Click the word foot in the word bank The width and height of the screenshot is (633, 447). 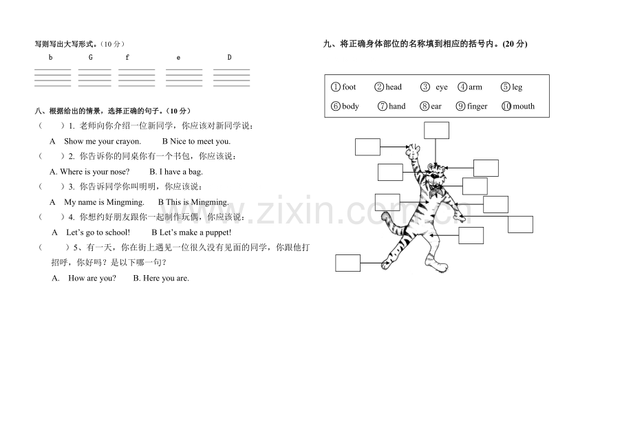coord(349,87)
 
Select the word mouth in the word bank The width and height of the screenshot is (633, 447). coord(524,106)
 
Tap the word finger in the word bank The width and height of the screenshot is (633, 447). coord(478,107)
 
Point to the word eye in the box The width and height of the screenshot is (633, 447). coord(442,87)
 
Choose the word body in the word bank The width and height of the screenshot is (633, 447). coord(350,106)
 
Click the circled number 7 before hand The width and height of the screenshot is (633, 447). coord(383,106)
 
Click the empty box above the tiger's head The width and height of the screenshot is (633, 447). coord(436,130)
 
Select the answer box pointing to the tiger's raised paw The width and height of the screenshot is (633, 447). coord(367,147)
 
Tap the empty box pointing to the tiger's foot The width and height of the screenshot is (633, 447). coord(347,263)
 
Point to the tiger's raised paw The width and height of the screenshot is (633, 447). coord(414,151)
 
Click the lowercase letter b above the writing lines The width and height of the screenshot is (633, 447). coord(50,58)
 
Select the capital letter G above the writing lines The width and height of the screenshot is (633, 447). coord(90,58)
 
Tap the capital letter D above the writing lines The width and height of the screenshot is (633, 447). coord(229,58)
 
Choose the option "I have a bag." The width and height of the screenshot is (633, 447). coord(181,172)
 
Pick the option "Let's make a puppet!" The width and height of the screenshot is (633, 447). coord(195,232)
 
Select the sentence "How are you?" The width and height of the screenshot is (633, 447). coord(92,278)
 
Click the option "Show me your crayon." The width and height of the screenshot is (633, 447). coord(103,142)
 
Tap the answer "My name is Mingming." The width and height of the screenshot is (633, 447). coord(104,202)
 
